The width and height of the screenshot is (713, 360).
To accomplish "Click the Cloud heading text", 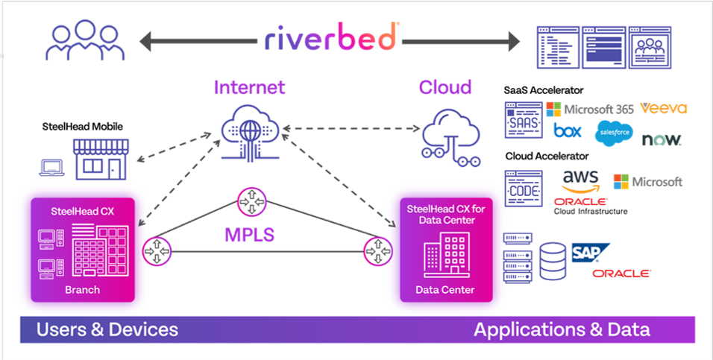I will click(445, 87).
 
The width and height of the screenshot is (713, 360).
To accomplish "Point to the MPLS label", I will click(249, 235).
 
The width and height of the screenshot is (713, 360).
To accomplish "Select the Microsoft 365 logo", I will click(590, 109).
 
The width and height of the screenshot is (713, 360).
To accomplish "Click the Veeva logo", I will click(663, 108).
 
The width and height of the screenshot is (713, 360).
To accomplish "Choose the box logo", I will click(568, 131).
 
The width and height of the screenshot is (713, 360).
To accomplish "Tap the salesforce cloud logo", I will click(613, 133).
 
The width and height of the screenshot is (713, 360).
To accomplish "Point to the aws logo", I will click(581, 180).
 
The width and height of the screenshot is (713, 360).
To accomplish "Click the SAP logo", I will click(591, 253).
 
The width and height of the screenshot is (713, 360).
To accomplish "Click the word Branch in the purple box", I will click(81, 289).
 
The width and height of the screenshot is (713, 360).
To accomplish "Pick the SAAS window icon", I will click(522, 119).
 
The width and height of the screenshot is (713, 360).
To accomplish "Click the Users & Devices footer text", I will click(107, 329).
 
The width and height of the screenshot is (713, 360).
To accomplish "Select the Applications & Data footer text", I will click(562, 329).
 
